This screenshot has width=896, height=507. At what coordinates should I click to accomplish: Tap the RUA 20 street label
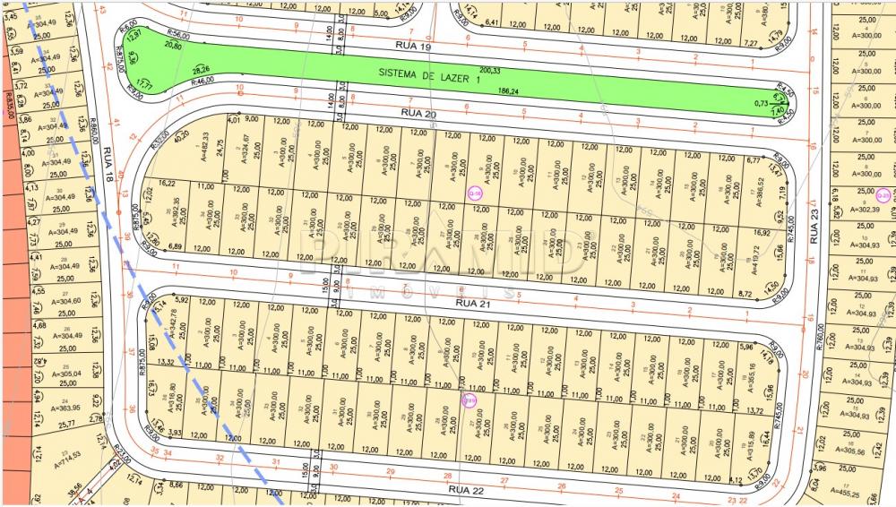click(418, 113)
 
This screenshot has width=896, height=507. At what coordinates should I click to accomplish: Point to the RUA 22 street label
click(465, 490)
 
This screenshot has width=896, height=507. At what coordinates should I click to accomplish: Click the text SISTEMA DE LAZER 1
click(429, 77)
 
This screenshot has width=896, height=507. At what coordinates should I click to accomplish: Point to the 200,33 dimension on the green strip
click(489, 70)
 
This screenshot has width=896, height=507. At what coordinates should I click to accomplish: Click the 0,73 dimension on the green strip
click(760, 103)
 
